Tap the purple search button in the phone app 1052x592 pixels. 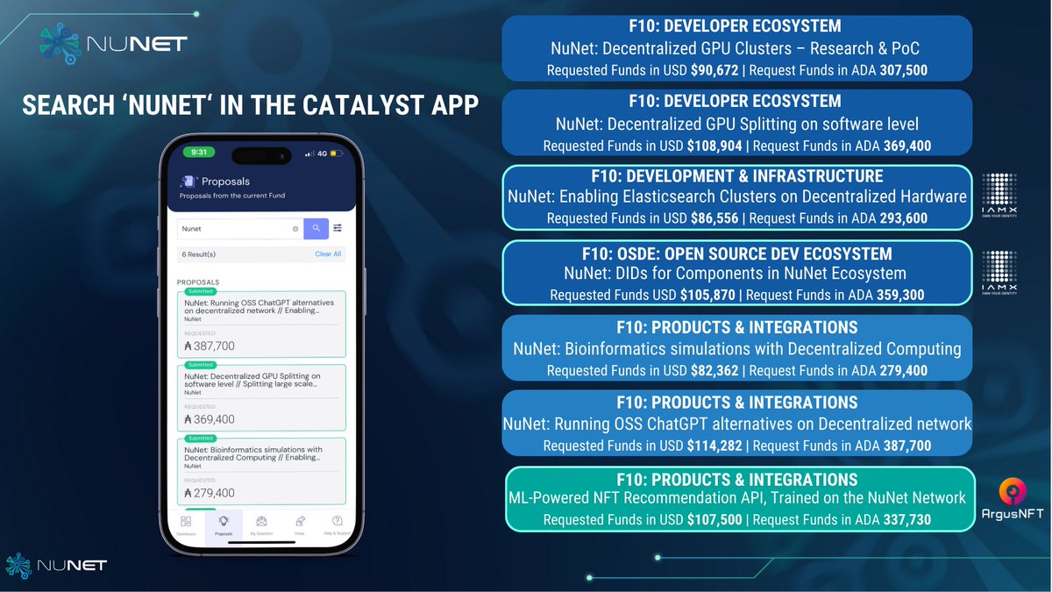316,229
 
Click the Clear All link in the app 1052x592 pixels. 328,254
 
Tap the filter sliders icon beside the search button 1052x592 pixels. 338,229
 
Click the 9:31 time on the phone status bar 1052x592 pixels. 199,153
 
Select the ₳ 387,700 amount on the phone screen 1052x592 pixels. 210,346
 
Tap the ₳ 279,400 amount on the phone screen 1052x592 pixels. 210,494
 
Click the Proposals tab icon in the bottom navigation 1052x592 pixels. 224,524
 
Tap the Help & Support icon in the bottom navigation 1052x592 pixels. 337,524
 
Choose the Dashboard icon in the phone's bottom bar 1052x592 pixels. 186,524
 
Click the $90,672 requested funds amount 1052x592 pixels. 714,70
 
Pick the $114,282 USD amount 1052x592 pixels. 714,446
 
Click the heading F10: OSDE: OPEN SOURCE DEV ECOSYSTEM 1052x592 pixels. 736,253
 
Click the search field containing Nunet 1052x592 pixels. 235,229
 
